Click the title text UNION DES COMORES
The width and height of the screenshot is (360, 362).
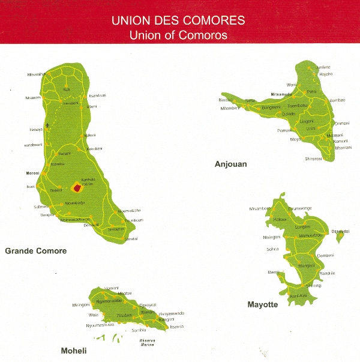pos(178,20)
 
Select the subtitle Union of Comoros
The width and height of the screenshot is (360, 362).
pos(178,34)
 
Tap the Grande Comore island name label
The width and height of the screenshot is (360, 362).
pos(35,250)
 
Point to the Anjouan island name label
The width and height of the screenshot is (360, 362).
pos(230,163)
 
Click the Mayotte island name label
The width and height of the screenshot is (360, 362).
pos(263,304)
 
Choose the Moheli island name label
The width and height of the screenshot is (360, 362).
pos(73,351)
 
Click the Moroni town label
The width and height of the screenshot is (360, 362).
pos(32,173)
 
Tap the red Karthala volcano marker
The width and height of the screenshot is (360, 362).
pos(77,188)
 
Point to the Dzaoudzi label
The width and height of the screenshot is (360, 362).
pos(344,231)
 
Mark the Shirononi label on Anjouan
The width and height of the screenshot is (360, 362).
pos(313,158)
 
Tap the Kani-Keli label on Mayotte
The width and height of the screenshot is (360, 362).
pos(298,297)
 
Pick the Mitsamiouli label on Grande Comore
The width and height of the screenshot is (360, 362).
pos(37,74)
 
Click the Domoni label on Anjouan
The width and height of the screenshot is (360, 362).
pos(341,123)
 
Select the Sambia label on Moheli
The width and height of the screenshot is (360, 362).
pos(139,330)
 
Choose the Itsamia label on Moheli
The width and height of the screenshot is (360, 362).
pos(176,326)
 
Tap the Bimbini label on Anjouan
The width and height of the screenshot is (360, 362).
pos(226,100)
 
